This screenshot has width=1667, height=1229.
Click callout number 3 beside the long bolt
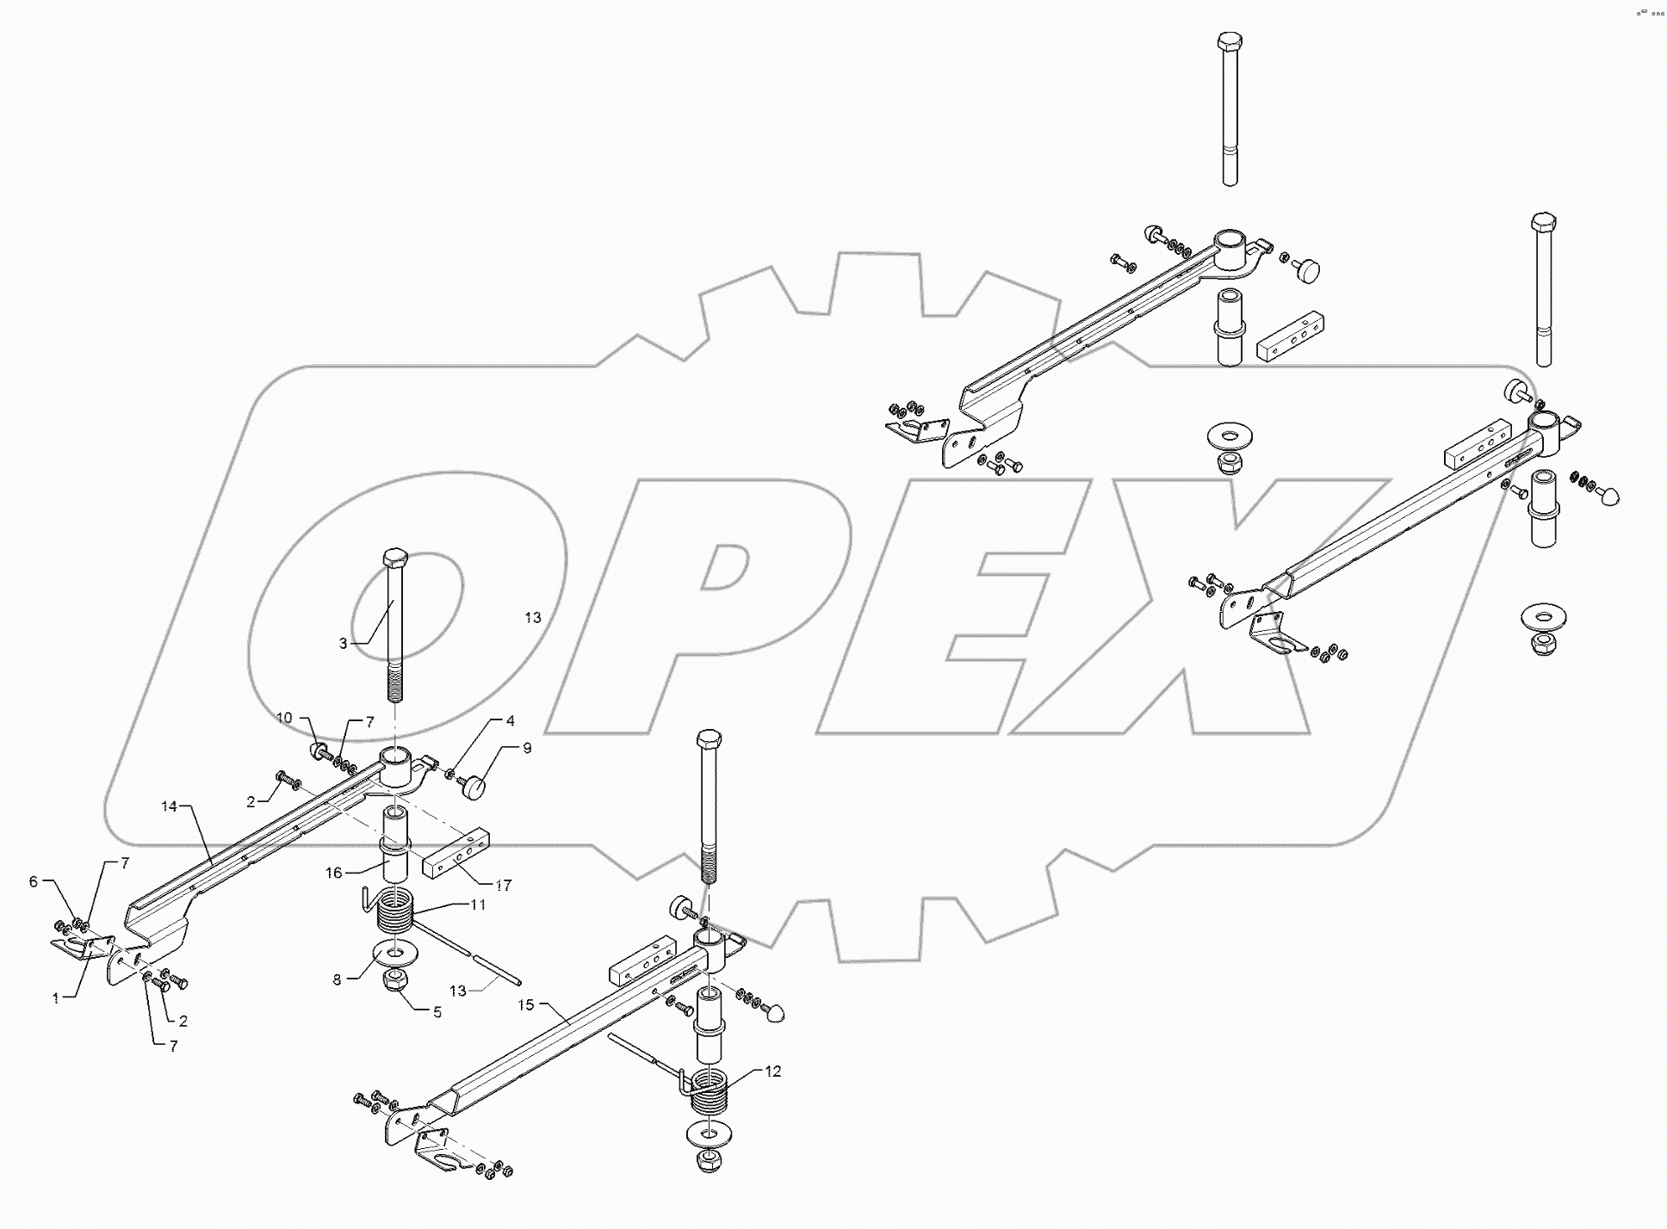[343, 643]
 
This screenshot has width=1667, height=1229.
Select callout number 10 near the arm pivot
[284, 718]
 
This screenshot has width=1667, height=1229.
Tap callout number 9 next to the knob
[527, 748]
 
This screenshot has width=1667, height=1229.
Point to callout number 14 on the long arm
[169, 806]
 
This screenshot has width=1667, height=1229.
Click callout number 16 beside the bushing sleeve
[334, 873]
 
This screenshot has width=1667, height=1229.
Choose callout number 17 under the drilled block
[503, 885]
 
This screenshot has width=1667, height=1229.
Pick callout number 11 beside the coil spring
[478, 905]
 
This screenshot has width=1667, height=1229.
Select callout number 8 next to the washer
[338, 979]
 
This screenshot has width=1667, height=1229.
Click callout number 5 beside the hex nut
[437, 1013]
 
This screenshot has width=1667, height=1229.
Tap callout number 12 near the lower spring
[772, 1072]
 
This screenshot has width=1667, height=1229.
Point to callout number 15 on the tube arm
[526, 1004]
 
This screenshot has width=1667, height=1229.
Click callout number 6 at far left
[34, 881]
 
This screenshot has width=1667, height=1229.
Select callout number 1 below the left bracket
[56, 998]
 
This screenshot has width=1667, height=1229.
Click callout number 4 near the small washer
[510, 720]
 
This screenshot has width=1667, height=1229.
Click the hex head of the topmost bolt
[1230, 41]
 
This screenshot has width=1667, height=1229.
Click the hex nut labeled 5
[394, 979]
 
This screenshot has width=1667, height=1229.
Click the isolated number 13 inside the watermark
[533, 617]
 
